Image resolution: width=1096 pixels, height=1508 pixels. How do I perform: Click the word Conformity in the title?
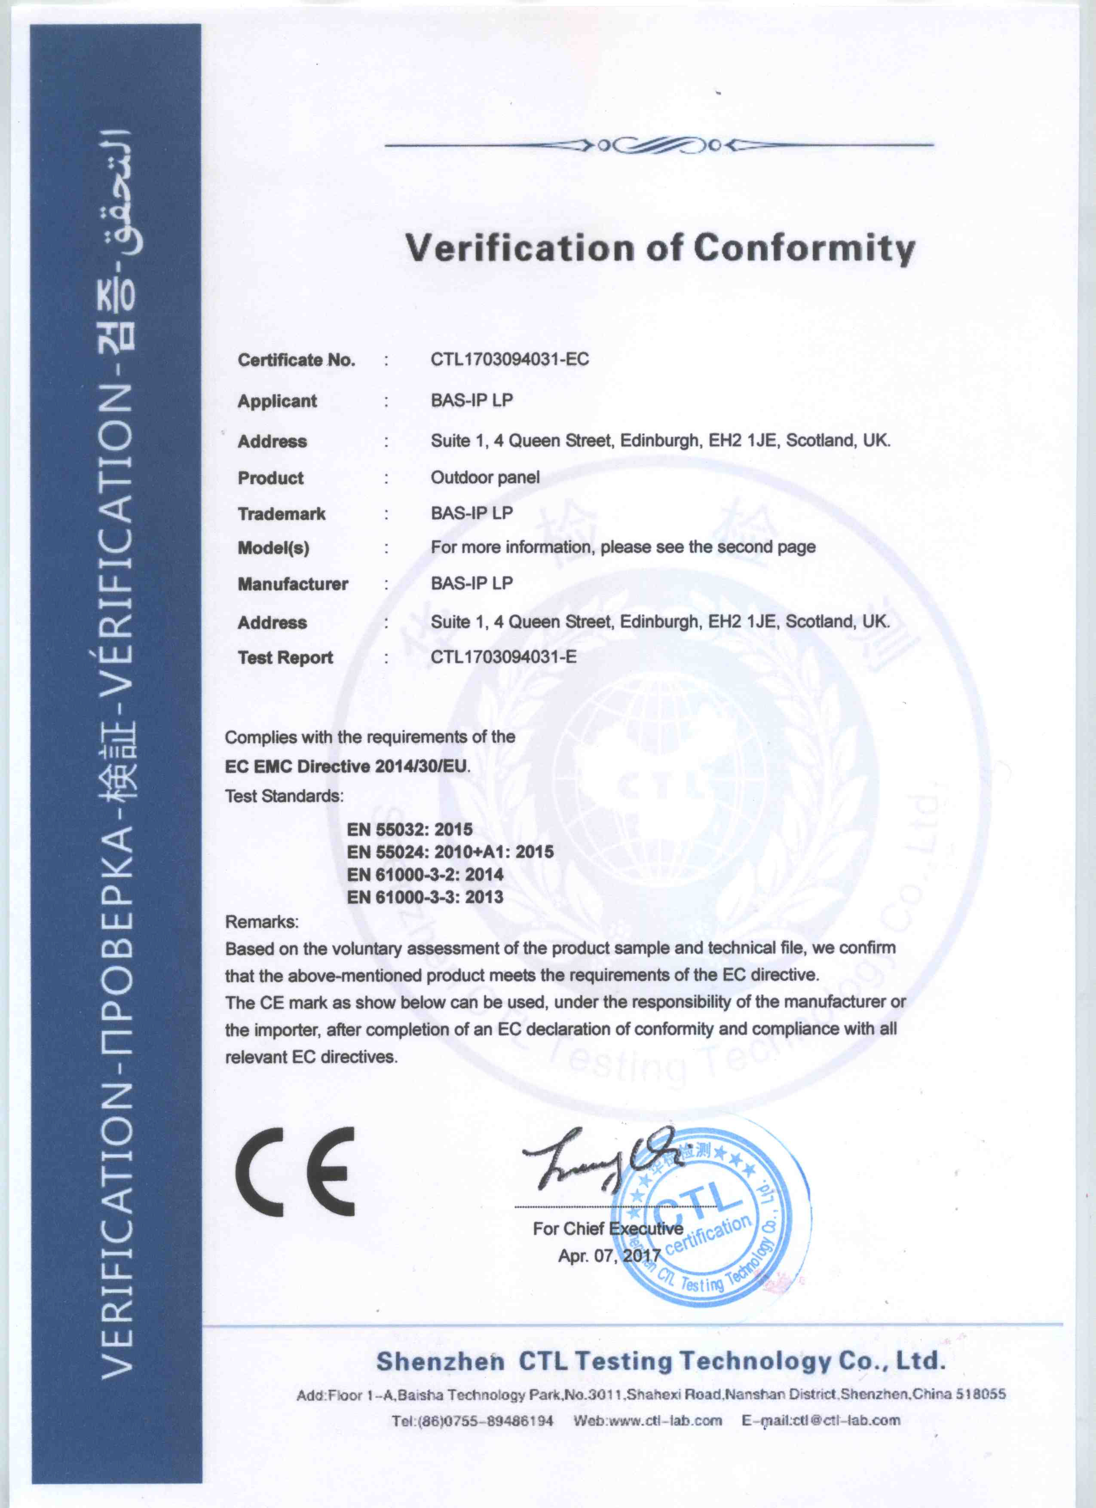(804, 249)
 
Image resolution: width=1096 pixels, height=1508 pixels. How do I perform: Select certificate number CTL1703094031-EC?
(509, 360)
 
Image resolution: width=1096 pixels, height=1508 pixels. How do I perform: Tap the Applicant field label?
(277, 401)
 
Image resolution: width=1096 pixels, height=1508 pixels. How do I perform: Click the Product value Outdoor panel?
(485, 477)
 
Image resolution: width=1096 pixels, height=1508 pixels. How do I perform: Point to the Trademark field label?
(282, 514)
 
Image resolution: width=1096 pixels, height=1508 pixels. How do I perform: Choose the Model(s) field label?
(273, 549)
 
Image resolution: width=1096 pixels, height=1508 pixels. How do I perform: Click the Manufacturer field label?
(293, 584)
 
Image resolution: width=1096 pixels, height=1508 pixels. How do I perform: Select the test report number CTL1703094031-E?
(503, 658)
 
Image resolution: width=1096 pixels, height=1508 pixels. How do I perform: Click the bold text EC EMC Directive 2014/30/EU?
(346, 766)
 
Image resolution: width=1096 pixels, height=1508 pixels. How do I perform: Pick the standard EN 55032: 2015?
(409, 829)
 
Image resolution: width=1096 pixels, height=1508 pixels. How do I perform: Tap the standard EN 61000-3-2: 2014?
(424, 874)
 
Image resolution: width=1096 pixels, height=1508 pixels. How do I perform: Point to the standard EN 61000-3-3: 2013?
(424, 897)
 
